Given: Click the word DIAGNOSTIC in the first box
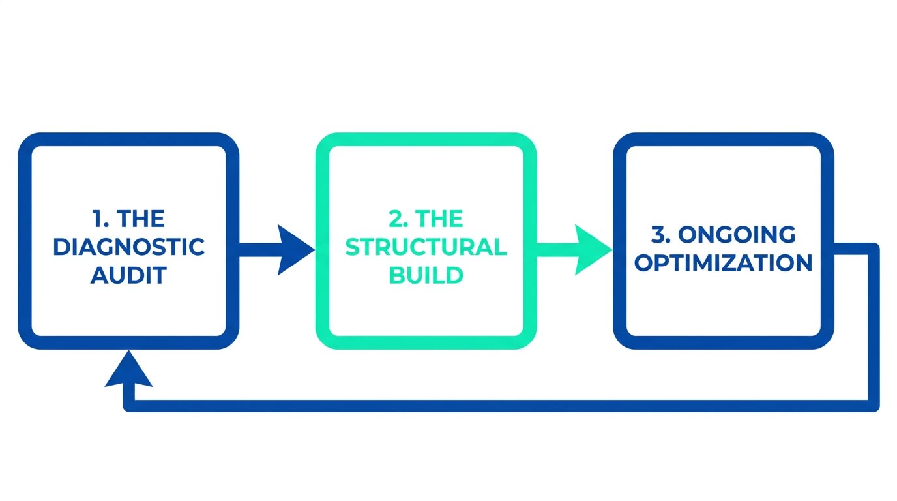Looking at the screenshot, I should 128,248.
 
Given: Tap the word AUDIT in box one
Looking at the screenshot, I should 128,275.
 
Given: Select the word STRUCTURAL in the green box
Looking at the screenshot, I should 426,248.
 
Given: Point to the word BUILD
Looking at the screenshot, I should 426,275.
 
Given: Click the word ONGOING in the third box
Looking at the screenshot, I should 750,234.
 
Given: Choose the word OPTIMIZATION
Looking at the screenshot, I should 724,263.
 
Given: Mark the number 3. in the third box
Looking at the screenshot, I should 661,234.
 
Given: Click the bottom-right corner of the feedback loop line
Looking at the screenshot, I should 874,406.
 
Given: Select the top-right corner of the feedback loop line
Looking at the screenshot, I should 874,249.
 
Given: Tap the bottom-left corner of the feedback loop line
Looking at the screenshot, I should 129,406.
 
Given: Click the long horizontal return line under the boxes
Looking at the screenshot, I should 495,406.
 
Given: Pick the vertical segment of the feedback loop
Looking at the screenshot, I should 874,326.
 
